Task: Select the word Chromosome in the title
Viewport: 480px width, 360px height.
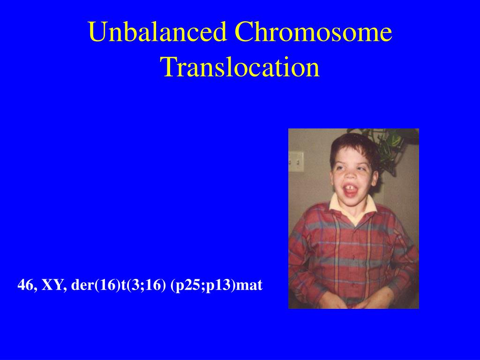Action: pyautogui.click(x=313, y=31)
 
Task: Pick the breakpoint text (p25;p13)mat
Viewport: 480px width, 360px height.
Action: pyautogui.click(x=217, y=286)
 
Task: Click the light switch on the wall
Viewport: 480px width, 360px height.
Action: pyautogui.click(x=296, y=161)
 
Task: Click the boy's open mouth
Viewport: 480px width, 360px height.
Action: pyautogui.click(x=351, y=190)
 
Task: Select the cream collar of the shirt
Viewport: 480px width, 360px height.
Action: pyautogui.click(x=352, y=207)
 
